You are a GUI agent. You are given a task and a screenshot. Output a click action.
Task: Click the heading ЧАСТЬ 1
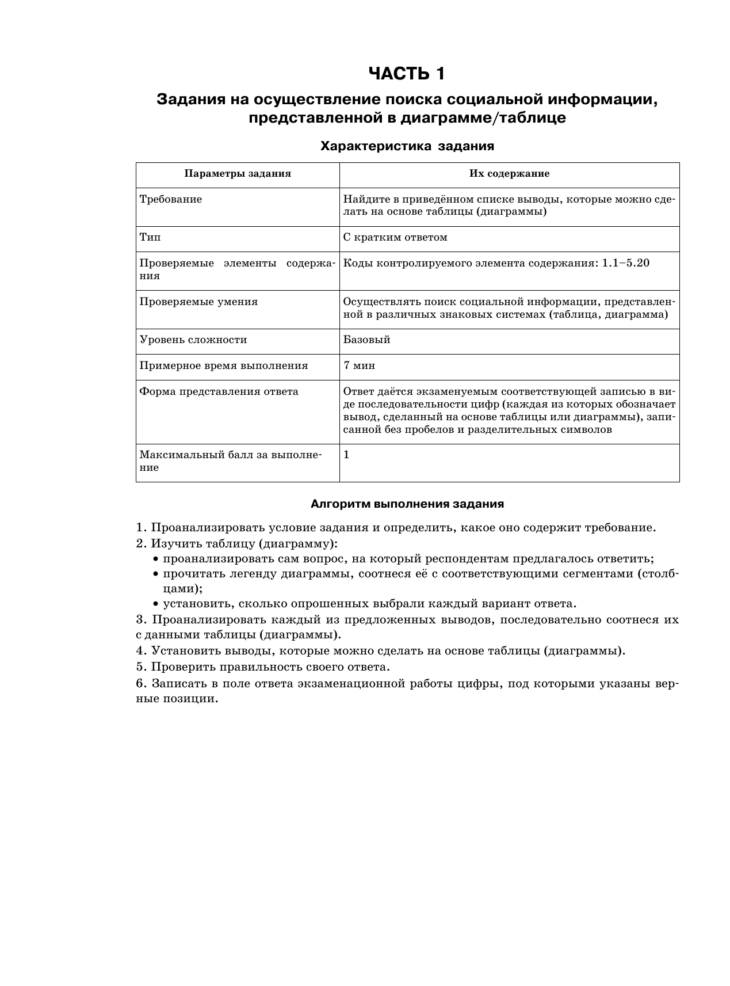point(407,74)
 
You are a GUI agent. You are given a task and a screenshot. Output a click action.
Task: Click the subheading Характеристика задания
point(407,146)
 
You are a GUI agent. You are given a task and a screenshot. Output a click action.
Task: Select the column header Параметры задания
point(238,174)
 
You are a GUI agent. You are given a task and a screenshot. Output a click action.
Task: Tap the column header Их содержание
point(509,174)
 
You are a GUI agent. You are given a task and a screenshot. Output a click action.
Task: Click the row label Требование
point(171,200)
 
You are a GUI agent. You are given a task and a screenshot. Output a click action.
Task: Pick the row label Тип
point(150,237)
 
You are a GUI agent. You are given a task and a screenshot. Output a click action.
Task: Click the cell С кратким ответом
point(395,237)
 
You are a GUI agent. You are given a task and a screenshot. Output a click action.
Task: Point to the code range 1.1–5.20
point(625,263)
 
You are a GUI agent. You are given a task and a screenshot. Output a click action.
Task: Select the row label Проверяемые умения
point(198,302)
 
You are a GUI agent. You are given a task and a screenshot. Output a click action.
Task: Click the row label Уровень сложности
point(193,340)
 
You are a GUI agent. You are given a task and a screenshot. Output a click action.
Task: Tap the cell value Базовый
point(367,340)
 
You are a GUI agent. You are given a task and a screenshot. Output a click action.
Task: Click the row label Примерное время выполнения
point(224,366)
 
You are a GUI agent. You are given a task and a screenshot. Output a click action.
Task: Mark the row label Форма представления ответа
point(219,391)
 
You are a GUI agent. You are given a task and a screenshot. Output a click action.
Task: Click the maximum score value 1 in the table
point(346,455)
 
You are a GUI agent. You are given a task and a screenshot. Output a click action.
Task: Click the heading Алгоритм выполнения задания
point(407,504)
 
